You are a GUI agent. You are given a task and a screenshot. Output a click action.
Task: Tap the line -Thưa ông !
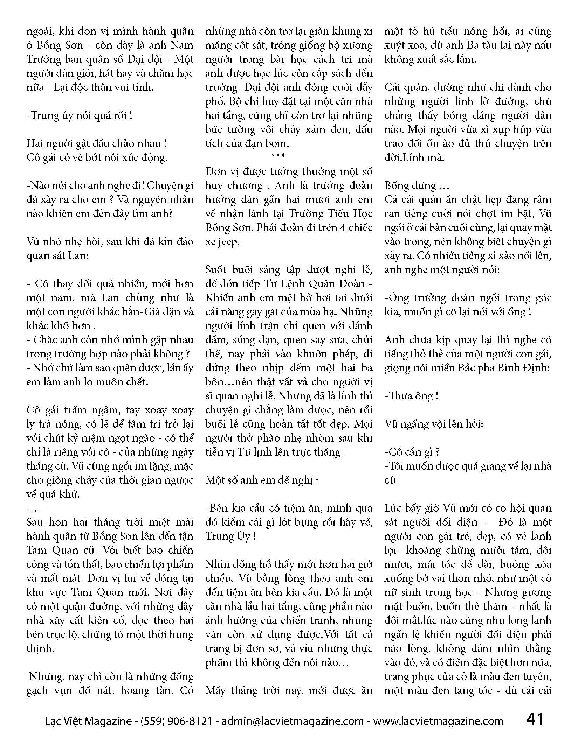(411, 396)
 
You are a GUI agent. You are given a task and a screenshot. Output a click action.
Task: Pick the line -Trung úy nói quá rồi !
(79, 115)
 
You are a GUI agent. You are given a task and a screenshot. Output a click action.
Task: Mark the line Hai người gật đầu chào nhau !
(96, 143)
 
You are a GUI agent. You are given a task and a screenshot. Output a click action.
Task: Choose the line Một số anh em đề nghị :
(262, 480)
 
